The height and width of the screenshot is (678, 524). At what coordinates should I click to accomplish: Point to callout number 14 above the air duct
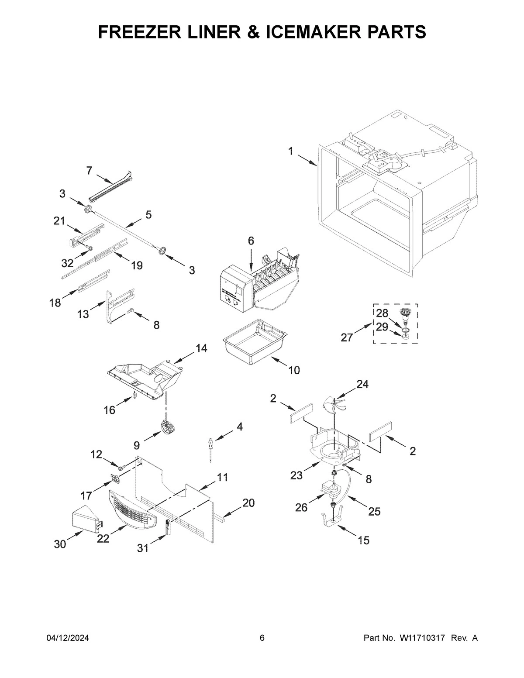(201, 348)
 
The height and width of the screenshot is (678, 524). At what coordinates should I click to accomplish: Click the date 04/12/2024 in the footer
(68, 638)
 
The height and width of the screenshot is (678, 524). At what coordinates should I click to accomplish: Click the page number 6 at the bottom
(262, 638)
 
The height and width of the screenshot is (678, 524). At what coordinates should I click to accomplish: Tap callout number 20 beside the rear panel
(248, 503)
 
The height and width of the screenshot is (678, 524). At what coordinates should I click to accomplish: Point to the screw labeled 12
(121, 467)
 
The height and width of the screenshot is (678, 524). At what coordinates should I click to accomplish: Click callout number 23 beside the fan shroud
(296, 475)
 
